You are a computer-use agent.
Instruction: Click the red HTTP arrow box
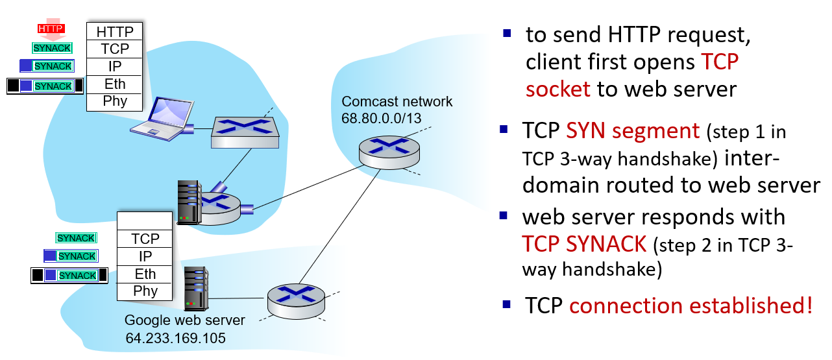coord(50,30)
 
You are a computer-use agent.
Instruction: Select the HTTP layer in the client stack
coord(115,31)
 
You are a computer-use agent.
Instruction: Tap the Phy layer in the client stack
coord(115,101)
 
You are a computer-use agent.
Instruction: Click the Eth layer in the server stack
coord(145,274)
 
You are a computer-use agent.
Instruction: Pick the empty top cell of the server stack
coord(145,221)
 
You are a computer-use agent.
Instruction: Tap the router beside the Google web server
coord(296,300)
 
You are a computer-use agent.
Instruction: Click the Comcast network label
coord(397,102)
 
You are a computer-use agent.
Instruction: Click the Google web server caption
coord(185,320)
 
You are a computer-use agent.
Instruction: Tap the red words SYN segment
coord(632,132)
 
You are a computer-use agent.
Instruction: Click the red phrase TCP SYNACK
coord(584,244)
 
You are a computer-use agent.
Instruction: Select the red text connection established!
coord(691,306)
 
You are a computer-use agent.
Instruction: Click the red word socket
coord(558,88)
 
